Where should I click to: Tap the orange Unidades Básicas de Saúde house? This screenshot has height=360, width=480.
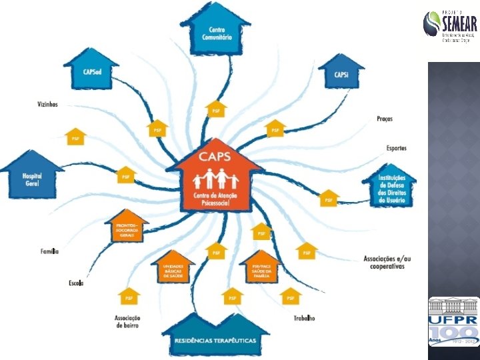coord(172,269)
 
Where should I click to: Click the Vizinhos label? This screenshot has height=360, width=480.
coord(47,104)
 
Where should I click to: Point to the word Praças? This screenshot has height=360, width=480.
coord(385,119)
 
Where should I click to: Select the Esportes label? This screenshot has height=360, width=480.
coord(397,148)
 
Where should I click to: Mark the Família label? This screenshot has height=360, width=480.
coord(50,251)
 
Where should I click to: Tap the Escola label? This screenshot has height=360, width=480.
coord(75,283)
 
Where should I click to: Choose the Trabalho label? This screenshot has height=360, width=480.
coord(304,319)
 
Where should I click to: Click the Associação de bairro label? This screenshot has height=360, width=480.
coord(127,321)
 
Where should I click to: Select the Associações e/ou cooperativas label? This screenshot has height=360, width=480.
coord(384,262)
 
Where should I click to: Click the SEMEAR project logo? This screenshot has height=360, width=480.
coord(450,27)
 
